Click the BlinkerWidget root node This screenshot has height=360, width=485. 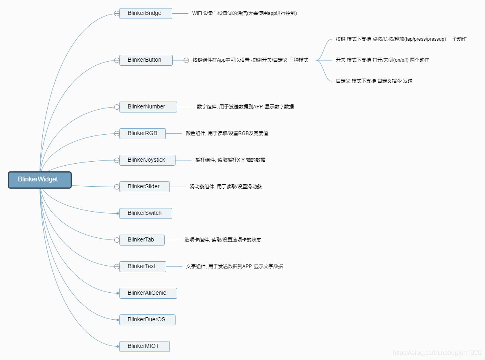coord(40,180)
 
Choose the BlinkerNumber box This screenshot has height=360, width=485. coord(148,107)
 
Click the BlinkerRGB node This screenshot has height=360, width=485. coord(142,133)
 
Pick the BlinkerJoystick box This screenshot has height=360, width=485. coord(147,160)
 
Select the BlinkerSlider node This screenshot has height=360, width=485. coord(144,187)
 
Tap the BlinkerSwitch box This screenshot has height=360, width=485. coord(146,213)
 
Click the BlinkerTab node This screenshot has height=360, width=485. coord(142,240)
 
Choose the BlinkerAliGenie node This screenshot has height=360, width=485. coord(148,293)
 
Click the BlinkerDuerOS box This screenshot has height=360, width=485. coord(147,320)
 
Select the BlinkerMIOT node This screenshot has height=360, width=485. coord(144,346)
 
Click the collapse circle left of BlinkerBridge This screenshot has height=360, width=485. coord(117,13)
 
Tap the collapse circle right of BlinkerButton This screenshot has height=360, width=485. coord(186,60)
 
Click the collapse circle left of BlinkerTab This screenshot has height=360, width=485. coord(117,240)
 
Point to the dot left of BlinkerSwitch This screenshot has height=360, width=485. coord(117,213)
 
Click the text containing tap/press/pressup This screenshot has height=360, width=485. coord(401,39)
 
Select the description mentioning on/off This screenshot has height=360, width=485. coord(382,60)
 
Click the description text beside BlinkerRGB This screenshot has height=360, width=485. coord(227,133)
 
